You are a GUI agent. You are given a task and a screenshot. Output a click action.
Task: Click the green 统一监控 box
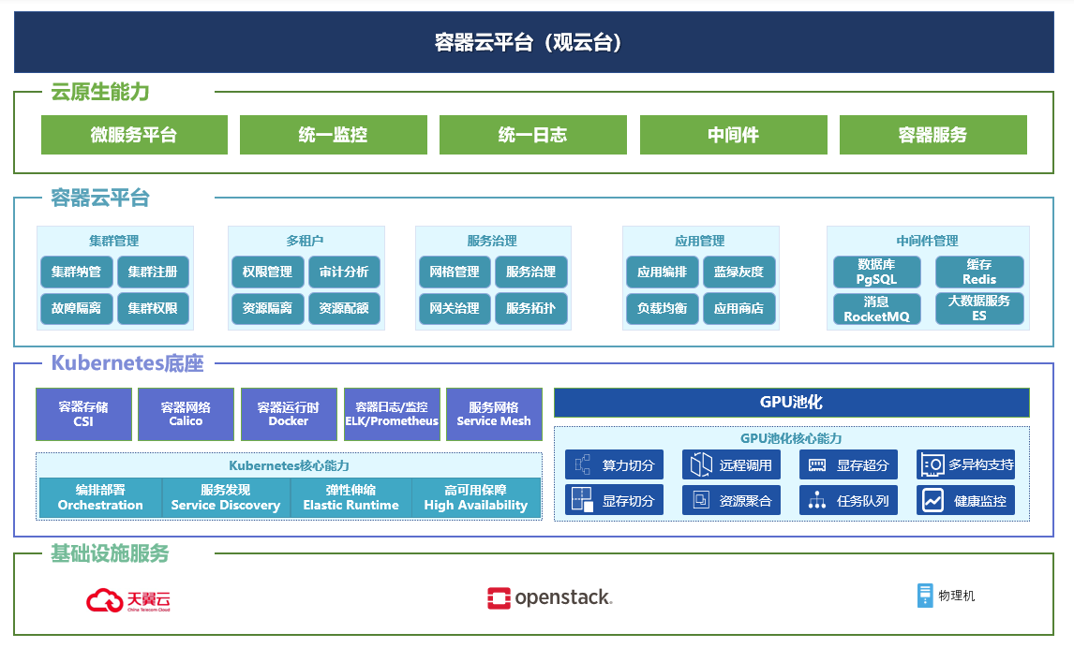[x=333, y=135]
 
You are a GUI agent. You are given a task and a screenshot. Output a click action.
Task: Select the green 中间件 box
[x=733, y=135]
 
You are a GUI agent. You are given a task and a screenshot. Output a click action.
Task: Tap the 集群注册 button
[x=153, y=272]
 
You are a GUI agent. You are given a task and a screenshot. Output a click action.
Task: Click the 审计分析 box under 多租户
[x=344, y=272]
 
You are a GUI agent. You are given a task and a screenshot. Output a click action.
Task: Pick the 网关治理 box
[x=455, y=308]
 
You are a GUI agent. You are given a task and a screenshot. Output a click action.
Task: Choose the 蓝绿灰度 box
[x=738, y=272]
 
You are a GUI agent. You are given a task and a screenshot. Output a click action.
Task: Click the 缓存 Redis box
[x=979, y=272]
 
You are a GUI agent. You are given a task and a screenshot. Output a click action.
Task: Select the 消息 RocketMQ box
[x=877, y=309]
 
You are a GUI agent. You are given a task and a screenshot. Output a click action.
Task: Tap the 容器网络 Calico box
[x=186, y=414]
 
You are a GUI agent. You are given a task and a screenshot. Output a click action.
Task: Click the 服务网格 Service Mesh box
[x=494, y=414]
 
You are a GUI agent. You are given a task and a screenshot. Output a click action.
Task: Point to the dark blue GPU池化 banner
[x=791, y=403]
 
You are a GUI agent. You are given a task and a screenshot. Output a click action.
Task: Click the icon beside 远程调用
[x=701, y=464]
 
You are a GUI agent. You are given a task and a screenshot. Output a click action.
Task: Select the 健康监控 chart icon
[x=932, y=500]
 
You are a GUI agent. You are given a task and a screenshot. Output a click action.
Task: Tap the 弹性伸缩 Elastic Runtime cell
[x=351, y=497]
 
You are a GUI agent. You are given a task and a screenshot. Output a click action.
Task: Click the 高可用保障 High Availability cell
[x=476, y=497]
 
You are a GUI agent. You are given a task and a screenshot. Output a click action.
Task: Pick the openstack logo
[x=549, y=597]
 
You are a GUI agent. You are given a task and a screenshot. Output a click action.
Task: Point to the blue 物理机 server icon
[x=925, y=596]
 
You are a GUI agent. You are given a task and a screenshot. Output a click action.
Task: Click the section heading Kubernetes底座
[x=127, y=362]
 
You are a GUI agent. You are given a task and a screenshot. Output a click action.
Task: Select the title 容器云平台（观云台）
[x=528, y=42]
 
